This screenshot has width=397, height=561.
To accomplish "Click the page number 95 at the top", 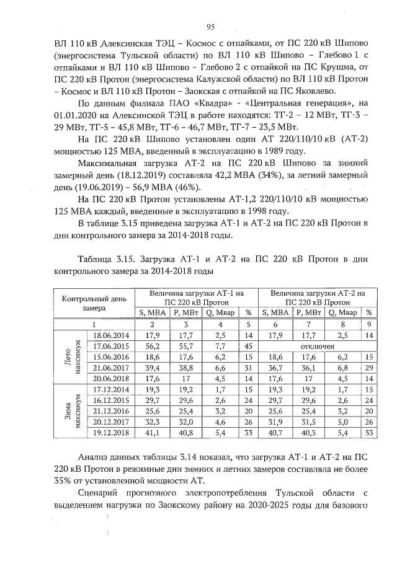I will click(210, 26).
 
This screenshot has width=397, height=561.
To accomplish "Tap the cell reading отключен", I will click(317, 346).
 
